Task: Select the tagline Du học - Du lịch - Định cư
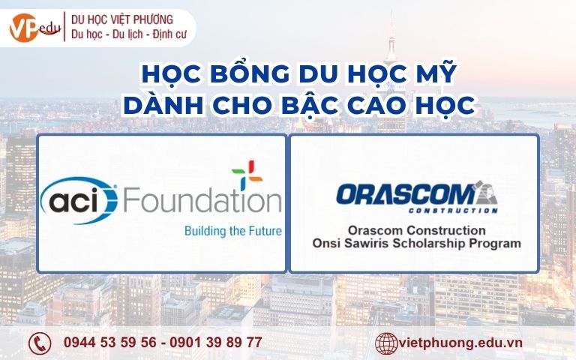(128, 34)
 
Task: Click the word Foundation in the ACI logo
(201, 201)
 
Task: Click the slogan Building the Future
(232, 231)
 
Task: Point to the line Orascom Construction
(415, 229)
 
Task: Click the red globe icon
(385, 343)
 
